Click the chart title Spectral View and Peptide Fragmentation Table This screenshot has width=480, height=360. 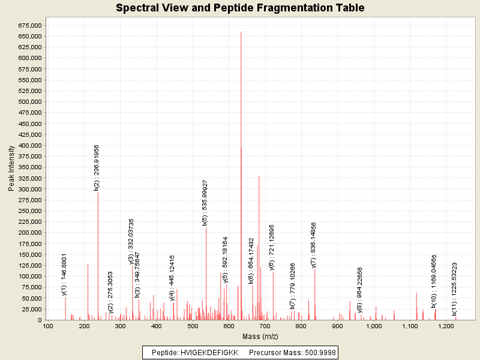(240, 8)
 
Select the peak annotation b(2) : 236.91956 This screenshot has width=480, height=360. (97, 167)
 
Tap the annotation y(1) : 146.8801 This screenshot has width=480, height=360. (64, 274)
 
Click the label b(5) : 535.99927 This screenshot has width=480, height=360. (205, 203)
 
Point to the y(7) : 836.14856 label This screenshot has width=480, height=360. (313, 245)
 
